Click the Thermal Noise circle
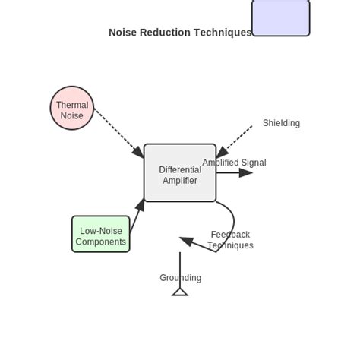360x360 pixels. (x=72, y=108)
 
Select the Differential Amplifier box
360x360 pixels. (x=180, y=173)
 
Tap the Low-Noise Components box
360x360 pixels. (x=101, y=234)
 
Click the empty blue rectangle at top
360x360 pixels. (x=281, y=17)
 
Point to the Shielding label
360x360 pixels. (x=281, y=123)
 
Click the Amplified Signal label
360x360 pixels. (x=234, y=163)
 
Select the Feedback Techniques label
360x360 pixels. (x=230, y=240)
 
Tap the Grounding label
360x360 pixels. (x=180, y=278)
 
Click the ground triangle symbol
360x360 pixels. (x=180, y=292)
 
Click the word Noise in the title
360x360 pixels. (x=123, y=33)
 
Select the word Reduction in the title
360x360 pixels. (x=166, y=33)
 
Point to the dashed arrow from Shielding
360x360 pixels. (x=235, y=141)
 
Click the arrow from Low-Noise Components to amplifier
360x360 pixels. (x=137, y=216)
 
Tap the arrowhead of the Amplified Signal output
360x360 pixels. (x=246, y=173)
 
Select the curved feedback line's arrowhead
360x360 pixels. (x=187, y=241)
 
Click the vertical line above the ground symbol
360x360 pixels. (x=180, y=266)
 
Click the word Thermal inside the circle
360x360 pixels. (x=72, y=105)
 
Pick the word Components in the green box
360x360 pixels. (x=101, y=242)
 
